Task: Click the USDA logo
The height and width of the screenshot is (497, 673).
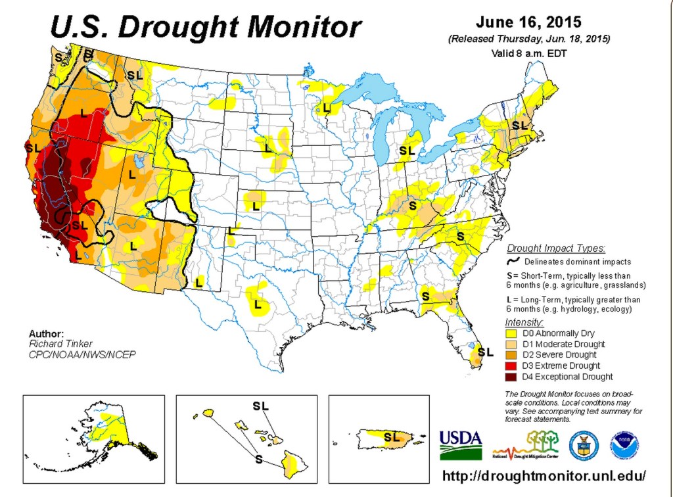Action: (461, 444)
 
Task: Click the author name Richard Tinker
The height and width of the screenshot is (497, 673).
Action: (60, 343)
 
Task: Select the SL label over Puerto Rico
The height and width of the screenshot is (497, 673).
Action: (392, 436)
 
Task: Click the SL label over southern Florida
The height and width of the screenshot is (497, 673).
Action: (485, 352)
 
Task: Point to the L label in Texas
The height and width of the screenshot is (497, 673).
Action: (258, 305)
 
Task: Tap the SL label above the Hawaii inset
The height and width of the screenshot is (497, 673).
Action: (261, 406)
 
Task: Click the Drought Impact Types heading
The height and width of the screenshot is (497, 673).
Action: (555, 248)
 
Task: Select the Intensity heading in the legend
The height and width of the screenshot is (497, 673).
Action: (524, 322)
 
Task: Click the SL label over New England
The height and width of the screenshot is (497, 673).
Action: (519, 125)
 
